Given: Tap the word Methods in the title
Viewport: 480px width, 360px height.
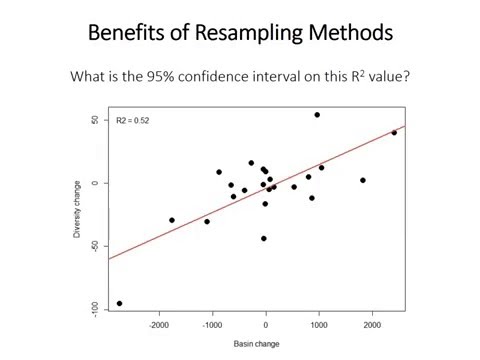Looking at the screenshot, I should [348, 33].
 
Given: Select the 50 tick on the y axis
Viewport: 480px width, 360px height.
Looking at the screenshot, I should [94, 120].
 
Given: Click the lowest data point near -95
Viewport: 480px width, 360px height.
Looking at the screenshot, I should [120, 303].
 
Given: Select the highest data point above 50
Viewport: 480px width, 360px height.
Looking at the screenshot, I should [317, 115].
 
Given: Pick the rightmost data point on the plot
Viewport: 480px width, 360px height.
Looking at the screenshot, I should [394, 133].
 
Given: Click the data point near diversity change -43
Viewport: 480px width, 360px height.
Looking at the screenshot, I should [264, 238].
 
